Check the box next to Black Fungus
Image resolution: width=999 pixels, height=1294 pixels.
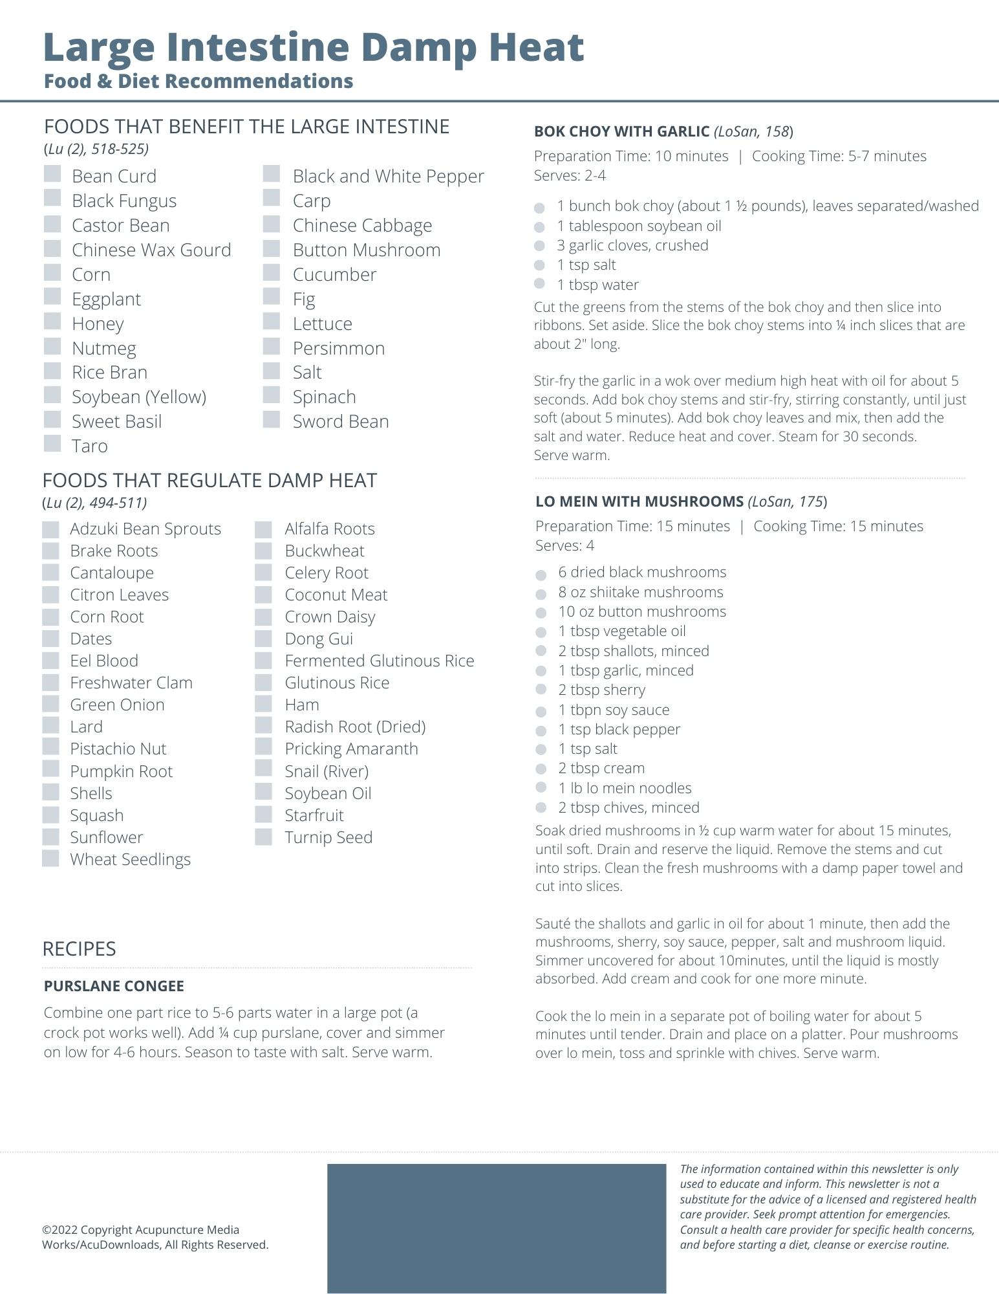(52, 199)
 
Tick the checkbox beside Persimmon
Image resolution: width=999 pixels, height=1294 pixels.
(272, 347)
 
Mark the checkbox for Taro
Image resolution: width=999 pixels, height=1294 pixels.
(52, 444)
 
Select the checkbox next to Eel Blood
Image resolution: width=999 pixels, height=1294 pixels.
(50, 661)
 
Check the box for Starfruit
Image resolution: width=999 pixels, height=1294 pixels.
(263, 815)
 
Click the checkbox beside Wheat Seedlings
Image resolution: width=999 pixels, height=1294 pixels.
(50, 859)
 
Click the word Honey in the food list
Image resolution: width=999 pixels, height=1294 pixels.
(98, 323)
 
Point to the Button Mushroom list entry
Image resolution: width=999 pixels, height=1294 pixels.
(366, 250)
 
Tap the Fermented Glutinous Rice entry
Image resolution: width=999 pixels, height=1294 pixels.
(379, 661)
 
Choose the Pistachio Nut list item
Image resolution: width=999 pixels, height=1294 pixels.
(118, 749)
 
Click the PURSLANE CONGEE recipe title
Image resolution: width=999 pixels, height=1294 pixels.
(114, 986)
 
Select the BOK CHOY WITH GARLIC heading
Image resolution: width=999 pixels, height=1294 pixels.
(621, 131)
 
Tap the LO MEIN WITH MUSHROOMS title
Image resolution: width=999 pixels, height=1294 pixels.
(639, 501)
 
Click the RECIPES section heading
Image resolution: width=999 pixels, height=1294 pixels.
(79, 949)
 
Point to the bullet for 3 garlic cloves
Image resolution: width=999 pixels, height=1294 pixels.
(540, 246)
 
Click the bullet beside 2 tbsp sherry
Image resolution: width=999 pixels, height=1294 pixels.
(541, 690)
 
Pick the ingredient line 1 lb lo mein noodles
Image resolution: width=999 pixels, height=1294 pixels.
(625, 788)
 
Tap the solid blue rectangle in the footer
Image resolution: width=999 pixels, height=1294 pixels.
(496, 1228)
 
